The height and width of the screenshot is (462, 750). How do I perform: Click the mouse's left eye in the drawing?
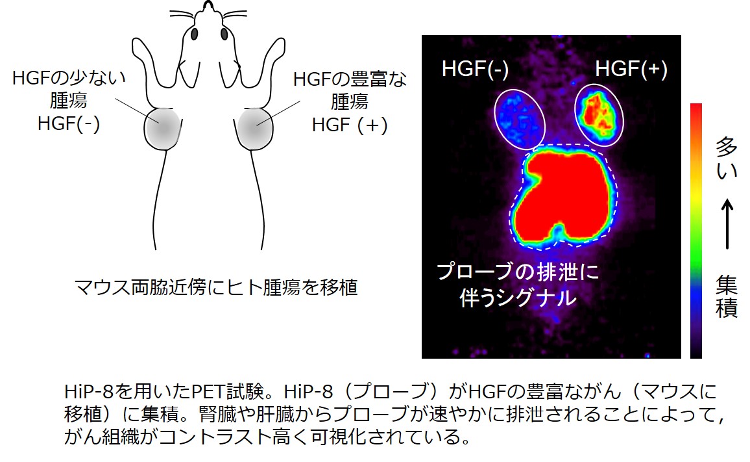[x=194, y=34]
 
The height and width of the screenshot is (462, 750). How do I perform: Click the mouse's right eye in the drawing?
[x=224, y=34]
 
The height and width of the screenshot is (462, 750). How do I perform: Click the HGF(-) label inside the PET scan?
[x=475, y=69]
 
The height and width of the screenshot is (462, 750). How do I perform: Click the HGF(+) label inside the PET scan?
[x=631, y=69]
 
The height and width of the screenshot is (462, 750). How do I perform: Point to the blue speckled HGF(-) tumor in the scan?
[x=520, y=118]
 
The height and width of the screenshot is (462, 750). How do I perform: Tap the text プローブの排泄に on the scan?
[x=518, y=272]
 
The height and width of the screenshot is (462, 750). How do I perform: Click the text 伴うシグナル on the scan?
[x=518, y=298]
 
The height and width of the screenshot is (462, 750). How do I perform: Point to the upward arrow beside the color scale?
[x=727, y=224]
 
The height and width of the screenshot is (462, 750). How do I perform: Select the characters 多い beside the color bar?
[x=727, y=158]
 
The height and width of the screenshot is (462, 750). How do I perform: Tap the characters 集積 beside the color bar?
[x=727, y=297]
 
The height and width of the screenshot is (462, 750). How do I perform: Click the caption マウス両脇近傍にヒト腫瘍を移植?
[x=216, y=288]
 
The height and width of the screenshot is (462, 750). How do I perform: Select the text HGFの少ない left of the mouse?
[x=69, y=77]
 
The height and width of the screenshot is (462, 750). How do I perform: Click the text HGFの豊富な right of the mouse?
[x=350, y=79]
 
